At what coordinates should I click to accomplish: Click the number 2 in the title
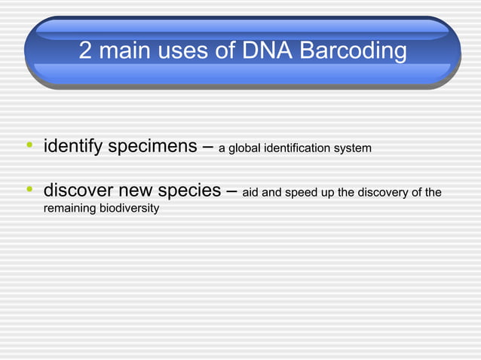(87, 52)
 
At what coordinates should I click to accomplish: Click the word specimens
(153, 146)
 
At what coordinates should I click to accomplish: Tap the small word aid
(250, 194)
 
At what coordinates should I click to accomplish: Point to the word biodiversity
(130, 208)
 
